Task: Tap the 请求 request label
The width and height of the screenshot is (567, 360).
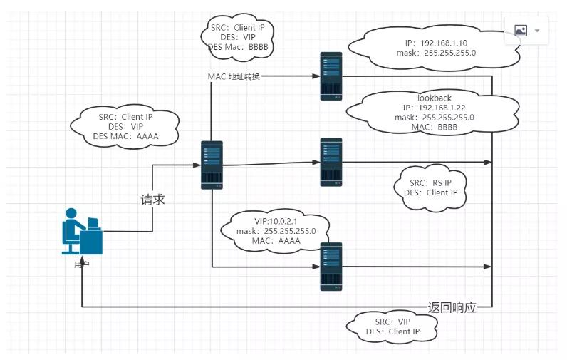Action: click(152, 200)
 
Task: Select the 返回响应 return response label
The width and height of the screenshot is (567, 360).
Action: click(452, 307)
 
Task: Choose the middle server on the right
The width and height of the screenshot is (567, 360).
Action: click(331, 162)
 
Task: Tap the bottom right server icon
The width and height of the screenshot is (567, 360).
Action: click(331, 266)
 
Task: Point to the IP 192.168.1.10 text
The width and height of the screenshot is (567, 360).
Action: click(434, 43)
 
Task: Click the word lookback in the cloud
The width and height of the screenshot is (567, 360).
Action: click(434, 97)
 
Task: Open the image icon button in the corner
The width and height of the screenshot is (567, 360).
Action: click(520, 31)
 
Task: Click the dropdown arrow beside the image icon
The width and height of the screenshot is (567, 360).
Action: click(537, 31)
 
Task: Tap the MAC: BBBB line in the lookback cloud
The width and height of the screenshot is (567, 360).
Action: click(434, 127)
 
